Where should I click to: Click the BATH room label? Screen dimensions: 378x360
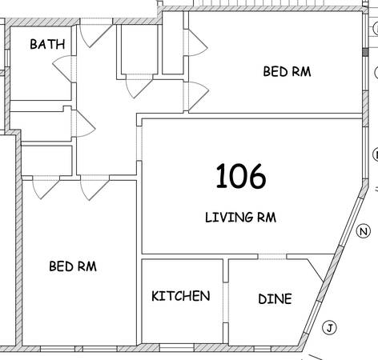coord(47,44)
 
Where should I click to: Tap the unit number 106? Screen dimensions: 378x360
coord(241,176)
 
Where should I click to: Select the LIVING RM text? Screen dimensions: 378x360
coord(240,217)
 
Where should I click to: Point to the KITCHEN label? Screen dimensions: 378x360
coord(181,296)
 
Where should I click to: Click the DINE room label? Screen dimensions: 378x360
coord(275,299)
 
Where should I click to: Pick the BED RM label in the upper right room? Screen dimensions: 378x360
coord(287,72)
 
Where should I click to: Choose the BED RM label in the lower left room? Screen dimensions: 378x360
coord(73,266)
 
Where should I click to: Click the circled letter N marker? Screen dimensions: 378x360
coord(364,231)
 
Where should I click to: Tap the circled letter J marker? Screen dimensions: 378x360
coord(329,327)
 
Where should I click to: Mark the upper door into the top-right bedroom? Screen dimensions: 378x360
coord(198,42)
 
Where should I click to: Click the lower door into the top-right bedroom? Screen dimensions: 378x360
coord(199,96)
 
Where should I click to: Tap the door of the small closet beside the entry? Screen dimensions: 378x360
coord(139,86)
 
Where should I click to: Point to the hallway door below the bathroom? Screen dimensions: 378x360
coord(86,124)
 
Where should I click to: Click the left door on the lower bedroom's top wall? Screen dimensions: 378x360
coord(46,188)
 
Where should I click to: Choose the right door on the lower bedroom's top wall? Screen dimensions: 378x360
coord(94,188)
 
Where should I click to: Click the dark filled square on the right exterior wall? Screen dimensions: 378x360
coord(365,52)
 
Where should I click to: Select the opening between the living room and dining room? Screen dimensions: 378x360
coord(272,257)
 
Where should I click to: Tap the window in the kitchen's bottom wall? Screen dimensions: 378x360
coord(177,348)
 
